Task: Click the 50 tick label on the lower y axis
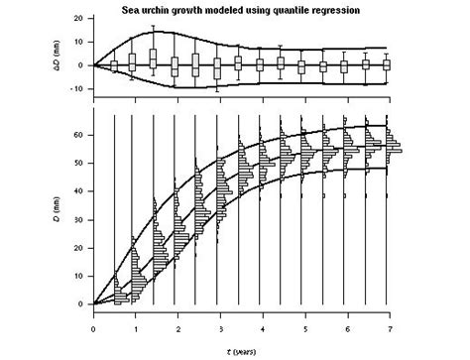point(78,166)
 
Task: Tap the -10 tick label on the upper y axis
point(76,88)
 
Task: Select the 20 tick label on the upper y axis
point(78,19)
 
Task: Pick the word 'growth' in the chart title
point(200,8)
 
